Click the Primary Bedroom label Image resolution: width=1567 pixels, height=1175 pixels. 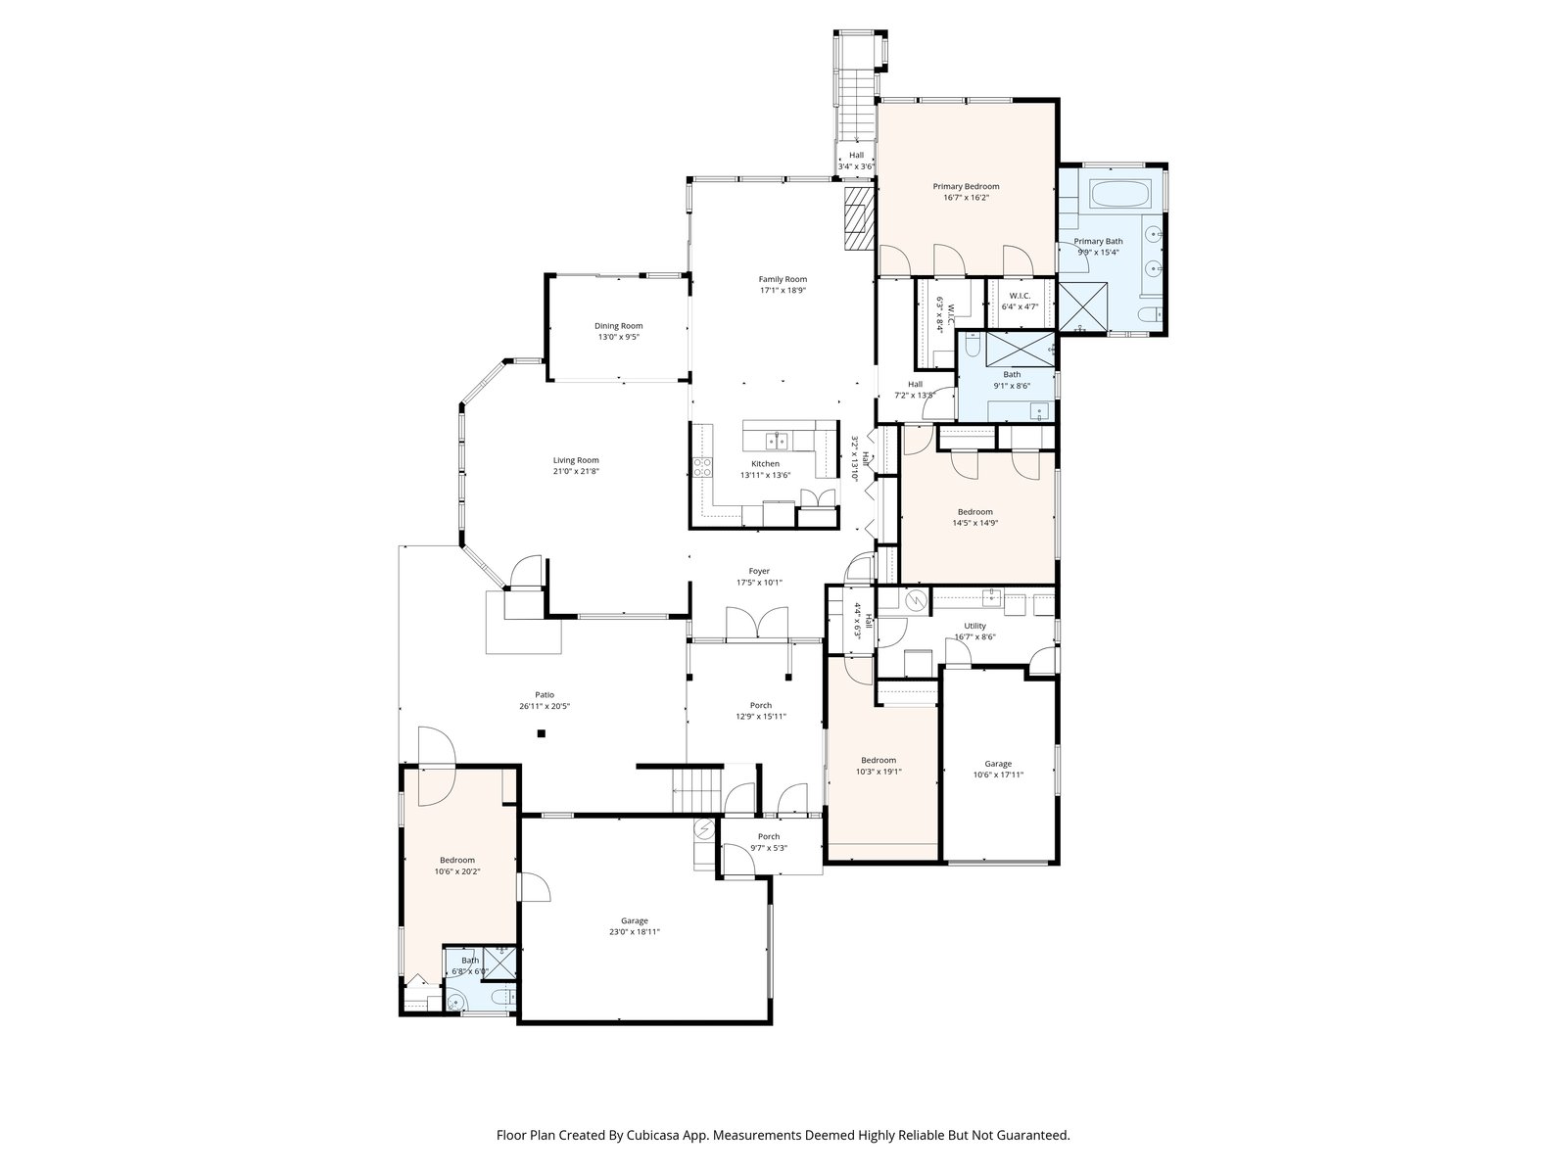[966, 187]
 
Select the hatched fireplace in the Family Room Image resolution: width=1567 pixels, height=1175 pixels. [859, 218]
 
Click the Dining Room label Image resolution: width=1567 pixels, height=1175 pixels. [618, 326]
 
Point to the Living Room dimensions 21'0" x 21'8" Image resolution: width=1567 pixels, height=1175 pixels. [576, 472]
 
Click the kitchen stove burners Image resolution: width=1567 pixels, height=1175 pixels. [702, 467]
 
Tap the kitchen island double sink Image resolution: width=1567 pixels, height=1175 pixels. [778, 442]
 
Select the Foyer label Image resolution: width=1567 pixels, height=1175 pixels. [759, 572]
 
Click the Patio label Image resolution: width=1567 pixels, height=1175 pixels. [545, 695]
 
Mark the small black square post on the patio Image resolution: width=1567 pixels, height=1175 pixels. [542, 733]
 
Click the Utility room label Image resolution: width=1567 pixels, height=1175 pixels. [974, 627]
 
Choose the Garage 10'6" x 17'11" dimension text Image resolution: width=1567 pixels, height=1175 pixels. [998, 775]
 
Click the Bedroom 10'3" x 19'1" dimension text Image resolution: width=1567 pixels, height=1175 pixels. [878, 772]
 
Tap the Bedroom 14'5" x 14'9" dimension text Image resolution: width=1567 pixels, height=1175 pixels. [974, 523]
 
